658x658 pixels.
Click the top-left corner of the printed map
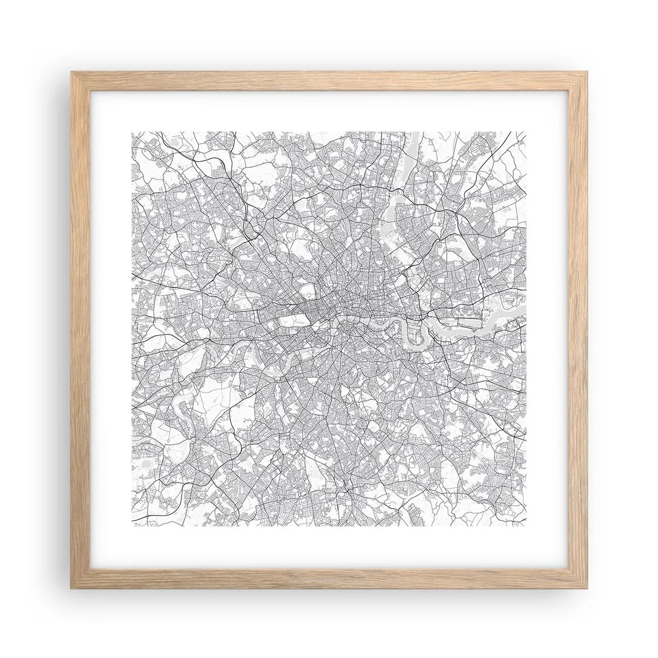(x=132, y=132)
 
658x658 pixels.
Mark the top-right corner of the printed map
(x=526, y=132)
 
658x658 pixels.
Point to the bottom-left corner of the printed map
(x=132, y=527)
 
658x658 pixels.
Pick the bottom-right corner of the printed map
(x=526, y=527)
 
